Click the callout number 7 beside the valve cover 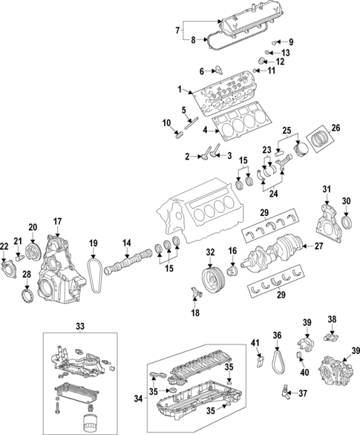tap(177, 31)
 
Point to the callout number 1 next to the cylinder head tap(178, 90)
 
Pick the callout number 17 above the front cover tap(57, 220)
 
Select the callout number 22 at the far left tap(4, 246)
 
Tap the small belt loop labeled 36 tap(277, 360)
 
